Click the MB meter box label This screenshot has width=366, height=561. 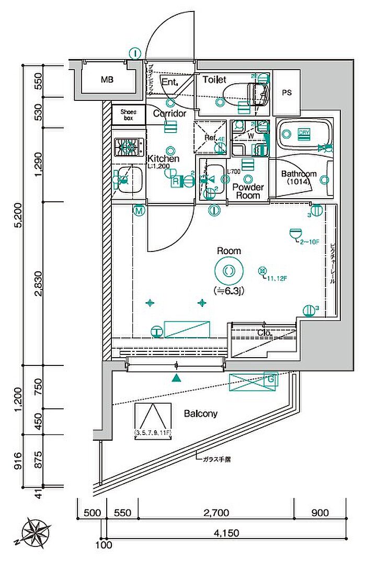[107, 80]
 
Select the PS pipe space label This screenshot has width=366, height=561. [287, 93]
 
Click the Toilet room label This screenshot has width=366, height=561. [214, 80]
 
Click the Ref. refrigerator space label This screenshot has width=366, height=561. [210, 138]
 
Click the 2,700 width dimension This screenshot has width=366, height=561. [215, 513]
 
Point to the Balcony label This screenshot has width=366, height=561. [200, 414]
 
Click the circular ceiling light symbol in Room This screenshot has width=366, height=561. [229, 271]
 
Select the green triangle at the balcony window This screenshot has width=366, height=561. [177, 378]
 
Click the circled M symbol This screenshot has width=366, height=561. [139, 211]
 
